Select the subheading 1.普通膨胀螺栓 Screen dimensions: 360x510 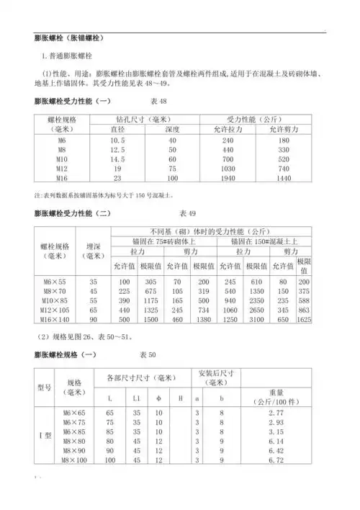[72, 55]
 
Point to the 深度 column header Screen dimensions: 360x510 [172, 130]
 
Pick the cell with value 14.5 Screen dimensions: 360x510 [117, 158]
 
